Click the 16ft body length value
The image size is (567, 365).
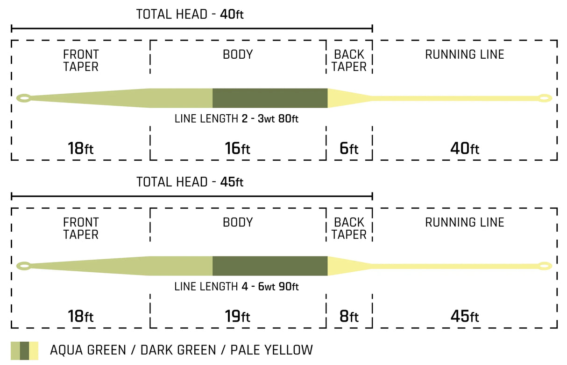pyautogui.click(x=237, y=148)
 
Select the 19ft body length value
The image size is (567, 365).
pyautogui.click(x=237, y=316)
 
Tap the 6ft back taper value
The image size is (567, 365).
pyautogui.click(x=349, y=148)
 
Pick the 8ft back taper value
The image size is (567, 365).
pyautogui.click(x=349, y=316)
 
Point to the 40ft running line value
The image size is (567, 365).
pyautogui.click(x=465, y=148)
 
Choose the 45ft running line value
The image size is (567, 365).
pyautogui.click(x=465, y=316)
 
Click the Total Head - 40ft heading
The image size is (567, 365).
pyautogui.click(x=190, y=14)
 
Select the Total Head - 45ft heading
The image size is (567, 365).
pyautogui.click(x=190, y=182)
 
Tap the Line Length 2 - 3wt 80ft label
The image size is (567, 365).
pyautogui.click(x=236, y=119)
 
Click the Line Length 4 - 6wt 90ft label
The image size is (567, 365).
pyautogui.click(x=236, y=287)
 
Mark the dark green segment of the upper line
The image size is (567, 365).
pyautogui.click(x=270, y=98)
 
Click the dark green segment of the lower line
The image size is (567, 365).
pyautogui.click(x=270, y=266)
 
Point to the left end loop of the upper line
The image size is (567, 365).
pyautogui.click(x=24, y=98)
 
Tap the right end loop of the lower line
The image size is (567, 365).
pyautogui.click(x=545, y=266)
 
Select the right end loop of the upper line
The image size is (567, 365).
pyautogui.click(x=545, y=98)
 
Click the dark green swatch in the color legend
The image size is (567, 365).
pyautogui.click(x=25, y=351)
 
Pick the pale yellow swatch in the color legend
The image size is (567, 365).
pyautogui.click(x=34, y=351)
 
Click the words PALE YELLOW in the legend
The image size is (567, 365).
pyautogui.click(x=272, y=350)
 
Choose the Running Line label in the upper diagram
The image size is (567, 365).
pyautogui.click(x=465, y=55)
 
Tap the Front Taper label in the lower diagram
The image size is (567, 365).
pyautogui.click(x=81, y=228)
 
